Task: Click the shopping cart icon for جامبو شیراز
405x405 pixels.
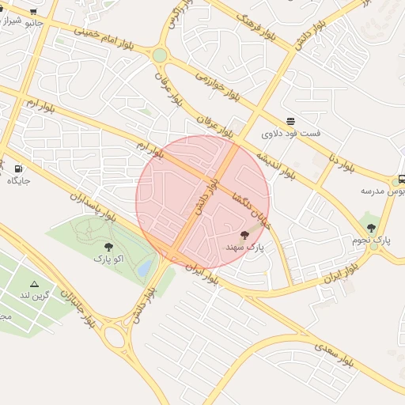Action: click(33, 12)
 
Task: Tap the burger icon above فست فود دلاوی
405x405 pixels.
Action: click(291, 121)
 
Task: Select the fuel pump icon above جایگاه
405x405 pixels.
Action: click(18, 168)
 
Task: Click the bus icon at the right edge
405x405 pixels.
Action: click(401, 180)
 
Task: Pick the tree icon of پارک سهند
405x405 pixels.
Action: click(244, 235)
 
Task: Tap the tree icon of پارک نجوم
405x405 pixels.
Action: click(371, 228)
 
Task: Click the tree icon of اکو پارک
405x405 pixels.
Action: click(108, 247)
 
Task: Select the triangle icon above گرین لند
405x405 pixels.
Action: click(34, 283)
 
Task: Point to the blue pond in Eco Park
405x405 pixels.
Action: click(145, 269)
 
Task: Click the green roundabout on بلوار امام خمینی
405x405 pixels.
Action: click(160, 55)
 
